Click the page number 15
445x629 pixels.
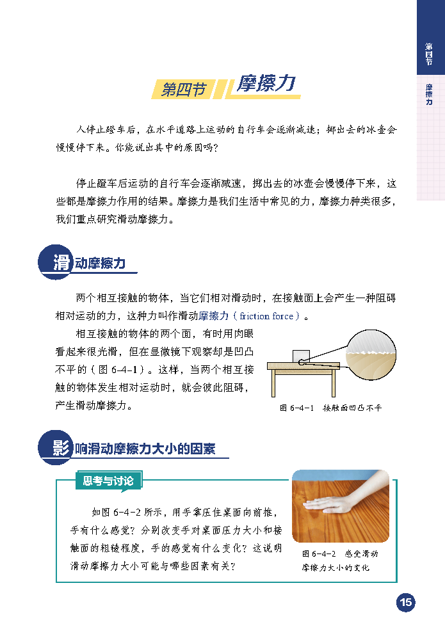tap(406, 602)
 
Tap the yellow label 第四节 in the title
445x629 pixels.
tap(183, 89)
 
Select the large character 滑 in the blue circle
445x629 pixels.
tap(61, 262)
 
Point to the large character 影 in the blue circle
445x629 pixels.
tap(61, 447)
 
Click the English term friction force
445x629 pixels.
tap(266, 316)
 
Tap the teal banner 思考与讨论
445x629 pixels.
tap(108, 481)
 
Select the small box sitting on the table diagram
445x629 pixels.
tap(301, 356)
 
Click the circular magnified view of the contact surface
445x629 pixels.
tap(371, 354)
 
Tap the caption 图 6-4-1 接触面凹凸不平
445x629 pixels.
tap(330, 408)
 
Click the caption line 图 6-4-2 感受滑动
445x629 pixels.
tap(340, 554)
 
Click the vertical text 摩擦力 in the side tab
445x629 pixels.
tap(429, 94)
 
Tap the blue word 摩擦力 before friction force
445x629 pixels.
tap(213, 316)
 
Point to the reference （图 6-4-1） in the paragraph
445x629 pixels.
tap(115, 369)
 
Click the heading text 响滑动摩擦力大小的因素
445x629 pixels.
tap(145, 449)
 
